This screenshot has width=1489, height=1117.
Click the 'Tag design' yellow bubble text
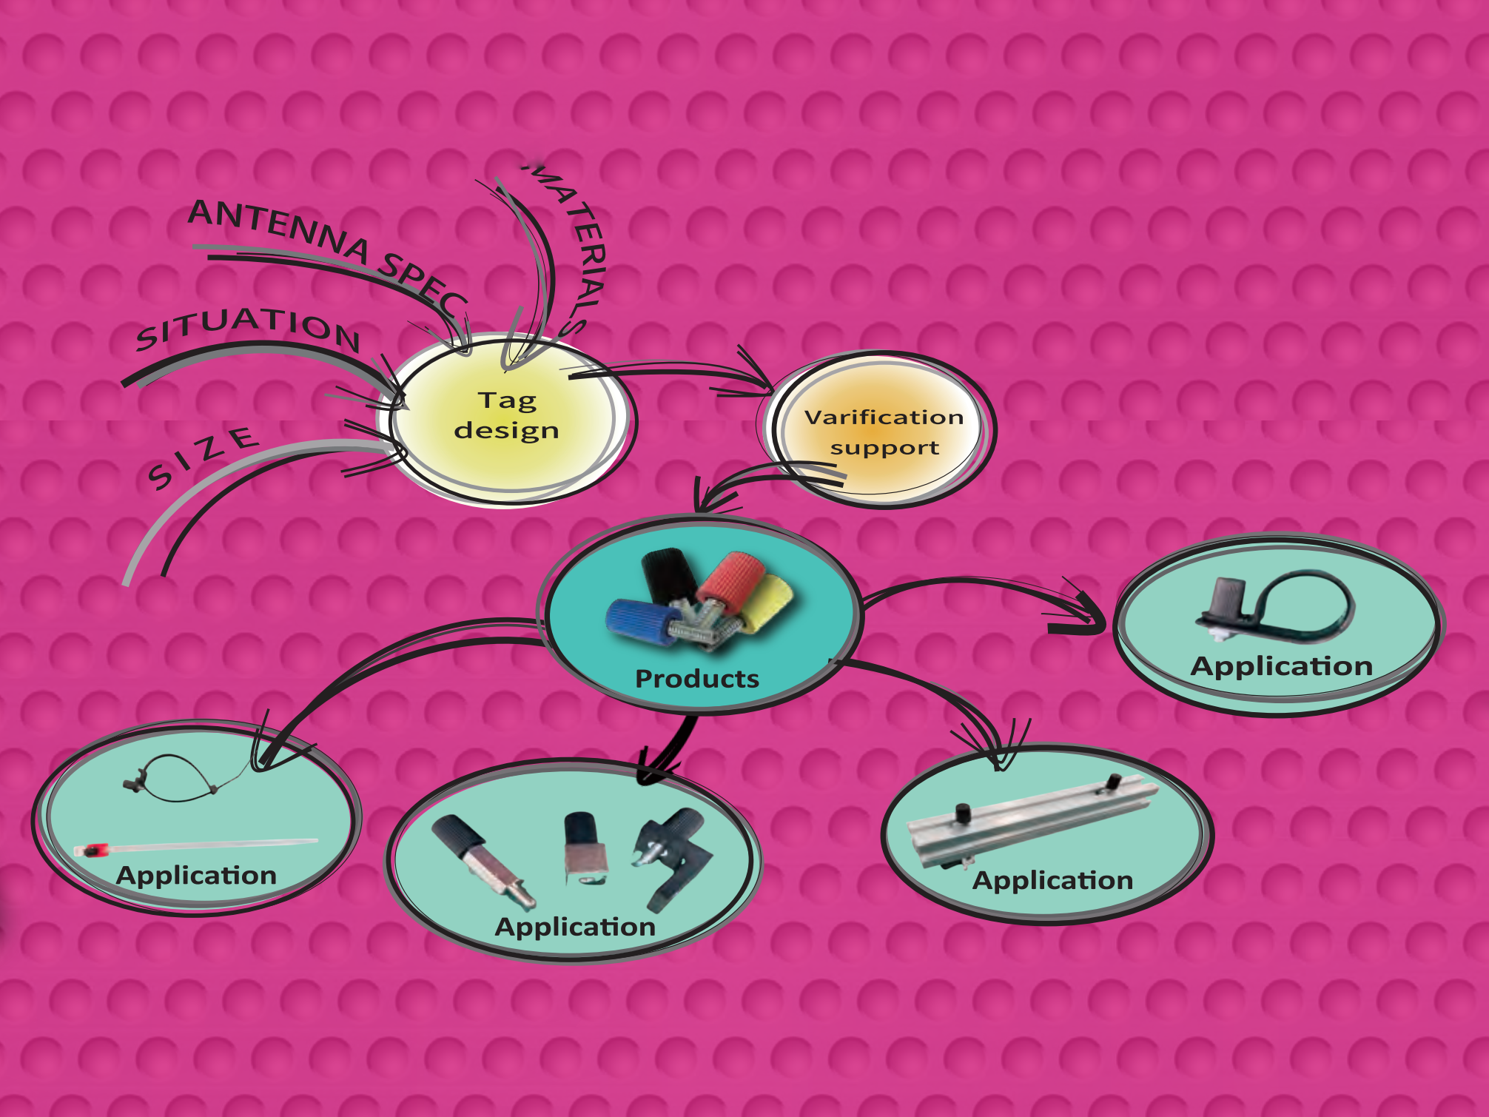(507, 415)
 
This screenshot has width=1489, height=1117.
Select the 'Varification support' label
(884, 432)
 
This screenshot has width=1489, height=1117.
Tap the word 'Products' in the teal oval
(697, 679)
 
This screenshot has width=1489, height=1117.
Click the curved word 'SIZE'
(203, 457)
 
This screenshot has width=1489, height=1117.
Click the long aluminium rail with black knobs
(1033, 822)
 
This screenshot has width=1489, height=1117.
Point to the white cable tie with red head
(196, 846)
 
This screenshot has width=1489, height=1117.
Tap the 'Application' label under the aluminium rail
(1052, 881)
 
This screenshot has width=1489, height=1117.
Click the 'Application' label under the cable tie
(196, 876)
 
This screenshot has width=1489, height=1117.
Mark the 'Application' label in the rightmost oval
(1282, 666)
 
